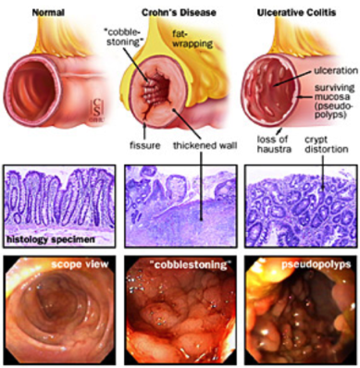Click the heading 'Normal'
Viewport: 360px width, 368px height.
[x=48, y=13]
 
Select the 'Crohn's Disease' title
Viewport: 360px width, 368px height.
[x=179, y=13]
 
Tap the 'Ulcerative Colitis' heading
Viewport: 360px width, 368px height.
[x=296, y=13]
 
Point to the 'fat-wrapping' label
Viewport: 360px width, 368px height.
[x=192, y=40]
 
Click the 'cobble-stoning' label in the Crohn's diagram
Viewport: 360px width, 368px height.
[x=122, y=37]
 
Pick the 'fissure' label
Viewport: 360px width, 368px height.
[x=144, y=145]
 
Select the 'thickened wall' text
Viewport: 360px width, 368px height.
[x=205, y=145]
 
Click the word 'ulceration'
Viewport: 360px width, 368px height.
[x=336, y=70]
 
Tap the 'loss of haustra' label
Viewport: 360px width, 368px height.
[x=274, y=144]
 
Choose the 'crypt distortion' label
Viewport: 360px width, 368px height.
[x=327, y=144]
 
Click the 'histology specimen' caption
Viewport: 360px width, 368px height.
[x=51, y=239]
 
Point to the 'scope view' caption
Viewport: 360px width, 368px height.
[x=80, y=264]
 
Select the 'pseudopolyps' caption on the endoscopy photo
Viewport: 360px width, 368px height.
[x=317, y=264]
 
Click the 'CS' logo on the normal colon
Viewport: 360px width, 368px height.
[x=97, y=108]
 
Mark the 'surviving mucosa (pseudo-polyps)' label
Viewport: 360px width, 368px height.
[x=333, y=101]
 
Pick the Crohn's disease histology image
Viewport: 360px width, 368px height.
[x=180, y=206]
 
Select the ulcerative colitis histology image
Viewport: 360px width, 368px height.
[x=302, y=206]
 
